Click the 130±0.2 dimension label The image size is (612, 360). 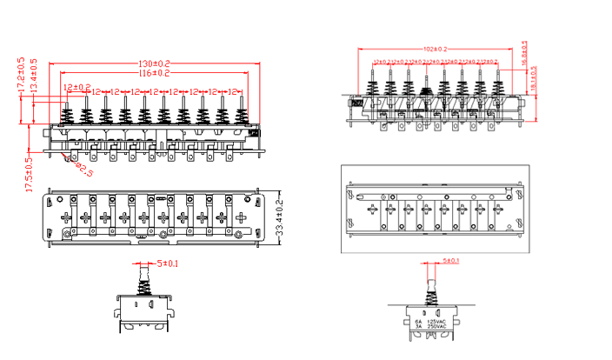(x=154, y=65)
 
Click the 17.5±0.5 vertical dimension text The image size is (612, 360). (x=29, y=174)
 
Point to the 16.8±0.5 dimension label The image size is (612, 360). (x=524, y=54)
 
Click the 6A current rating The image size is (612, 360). (x=417, y=321)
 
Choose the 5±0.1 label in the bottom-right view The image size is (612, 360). (x=450, y=260)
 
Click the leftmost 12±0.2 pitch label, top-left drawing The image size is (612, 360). (x=76, y=87)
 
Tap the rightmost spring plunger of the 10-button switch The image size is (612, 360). (x=239, y=113)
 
